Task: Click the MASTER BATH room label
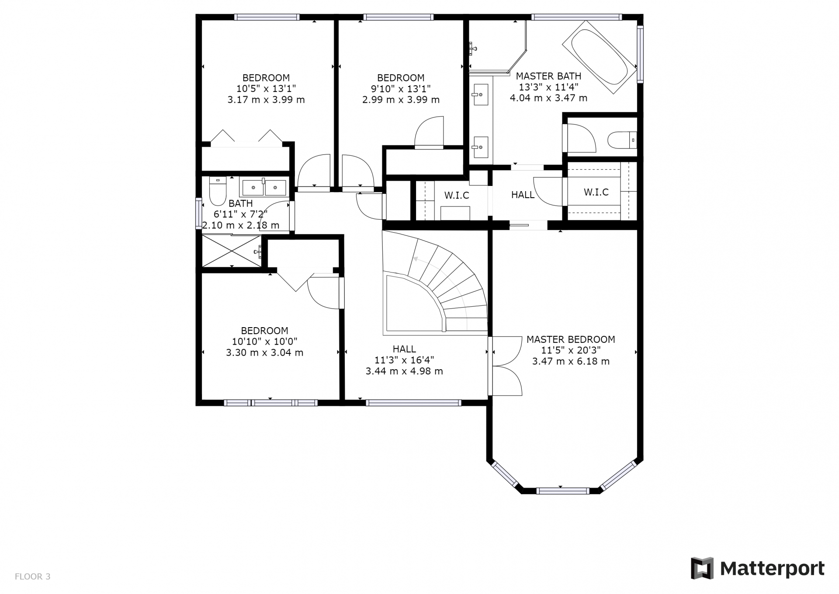point(548,76)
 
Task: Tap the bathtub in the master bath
point(599,57)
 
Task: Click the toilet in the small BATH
point(218,191)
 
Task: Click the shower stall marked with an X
point(232,251)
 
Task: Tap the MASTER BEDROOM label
point(571,339)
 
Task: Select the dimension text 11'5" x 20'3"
point(571,350)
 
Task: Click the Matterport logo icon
point(702,568)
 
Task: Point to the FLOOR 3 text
point(33,577)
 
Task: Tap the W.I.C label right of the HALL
point(596,192)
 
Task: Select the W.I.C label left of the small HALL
point(457,196)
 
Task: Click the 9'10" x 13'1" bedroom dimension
point(401,89)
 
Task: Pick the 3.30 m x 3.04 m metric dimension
point(264,353)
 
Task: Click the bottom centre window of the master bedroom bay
point(562,491)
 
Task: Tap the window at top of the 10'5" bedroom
point(267,17)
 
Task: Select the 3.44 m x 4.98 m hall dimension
point(404,371)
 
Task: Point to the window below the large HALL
point(413,403)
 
